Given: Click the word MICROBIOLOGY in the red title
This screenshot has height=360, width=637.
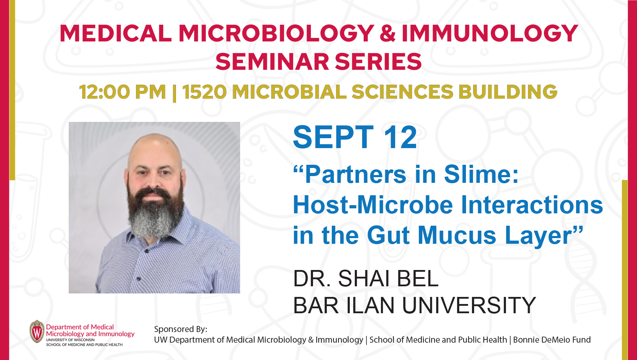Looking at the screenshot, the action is (276, 34).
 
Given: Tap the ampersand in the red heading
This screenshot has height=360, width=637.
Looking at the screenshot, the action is (388, 34).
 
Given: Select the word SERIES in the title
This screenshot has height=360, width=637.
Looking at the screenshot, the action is (378, 62).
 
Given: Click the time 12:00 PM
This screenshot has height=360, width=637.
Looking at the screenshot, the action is (123, 92).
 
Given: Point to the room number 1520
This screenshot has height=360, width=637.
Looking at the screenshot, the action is (204, 92).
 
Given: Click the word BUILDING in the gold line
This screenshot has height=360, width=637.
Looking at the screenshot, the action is (508, 92).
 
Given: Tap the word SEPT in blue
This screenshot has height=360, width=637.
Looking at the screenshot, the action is (333, 137).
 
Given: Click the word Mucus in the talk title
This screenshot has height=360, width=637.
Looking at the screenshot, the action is (457, 235).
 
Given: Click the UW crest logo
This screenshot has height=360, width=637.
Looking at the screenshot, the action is (37, 332).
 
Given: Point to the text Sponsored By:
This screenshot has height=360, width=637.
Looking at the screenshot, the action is (181, 329).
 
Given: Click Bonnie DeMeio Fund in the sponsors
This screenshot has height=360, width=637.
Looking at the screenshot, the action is (552, 339).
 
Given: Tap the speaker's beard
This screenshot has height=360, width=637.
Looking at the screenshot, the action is (154, 213).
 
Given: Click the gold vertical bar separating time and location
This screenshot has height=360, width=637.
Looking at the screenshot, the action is (174, 92).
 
